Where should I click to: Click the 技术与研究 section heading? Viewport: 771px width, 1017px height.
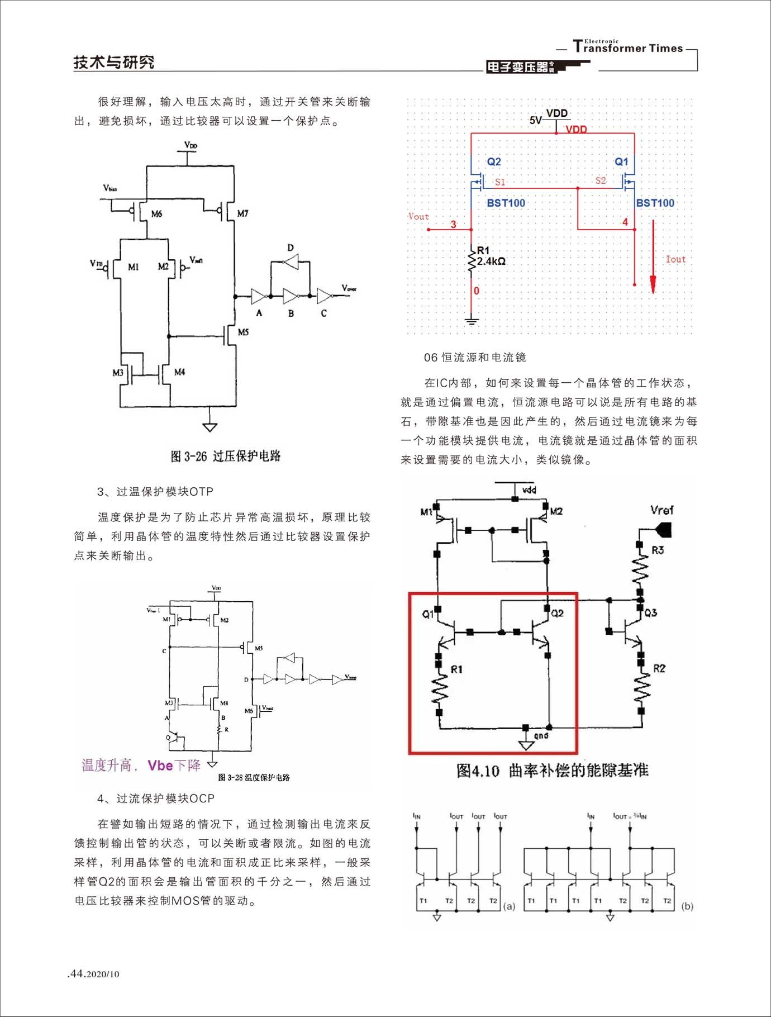[113, 62]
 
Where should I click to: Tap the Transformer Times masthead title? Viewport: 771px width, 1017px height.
[628, 47]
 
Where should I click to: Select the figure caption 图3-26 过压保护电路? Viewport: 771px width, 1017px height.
[225, 456]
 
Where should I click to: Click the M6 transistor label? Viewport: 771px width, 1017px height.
[156, 214]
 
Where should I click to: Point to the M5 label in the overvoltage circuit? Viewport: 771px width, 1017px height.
[243, 332]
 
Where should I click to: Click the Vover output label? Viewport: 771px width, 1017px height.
[349, 288]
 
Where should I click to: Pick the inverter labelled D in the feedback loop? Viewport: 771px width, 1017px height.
[291, 260]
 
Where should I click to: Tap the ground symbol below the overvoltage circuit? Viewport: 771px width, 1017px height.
[210, 427]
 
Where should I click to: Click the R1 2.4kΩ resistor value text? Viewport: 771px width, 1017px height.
[491, 261]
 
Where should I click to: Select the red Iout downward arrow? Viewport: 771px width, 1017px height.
[653, 257]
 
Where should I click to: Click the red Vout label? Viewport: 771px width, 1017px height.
[418, 216]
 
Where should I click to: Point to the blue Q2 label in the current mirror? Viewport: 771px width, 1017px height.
[494, 161]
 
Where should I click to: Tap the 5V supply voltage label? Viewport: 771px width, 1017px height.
[535, 120]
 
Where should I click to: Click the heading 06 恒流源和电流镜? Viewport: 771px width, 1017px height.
[475, 357]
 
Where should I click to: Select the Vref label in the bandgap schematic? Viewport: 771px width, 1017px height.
[661, 510]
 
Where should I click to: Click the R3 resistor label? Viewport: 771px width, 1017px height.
[658, 550]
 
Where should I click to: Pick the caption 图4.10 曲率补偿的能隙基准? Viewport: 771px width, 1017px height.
[552, 771]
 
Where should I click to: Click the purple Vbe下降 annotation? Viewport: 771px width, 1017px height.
[174, 765]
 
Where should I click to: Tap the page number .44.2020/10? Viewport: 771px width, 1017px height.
[93, 974]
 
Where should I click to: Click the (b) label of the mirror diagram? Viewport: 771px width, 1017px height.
[687, 906]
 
